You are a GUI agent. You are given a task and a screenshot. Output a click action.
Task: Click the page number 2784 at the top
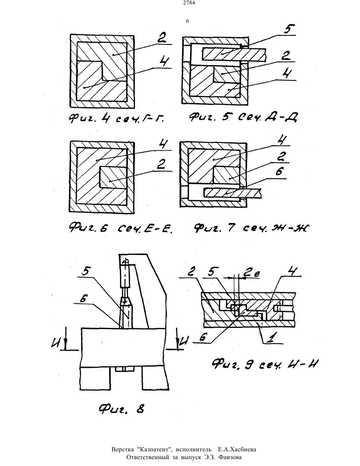[x=189, y=3]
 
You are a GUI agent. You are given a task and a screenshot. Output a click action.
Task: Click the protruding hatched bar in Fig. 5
[x=234, y=54]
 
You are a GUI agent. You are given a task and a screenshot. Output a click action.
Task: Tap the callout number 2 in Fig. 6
[x=162, y=164]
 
